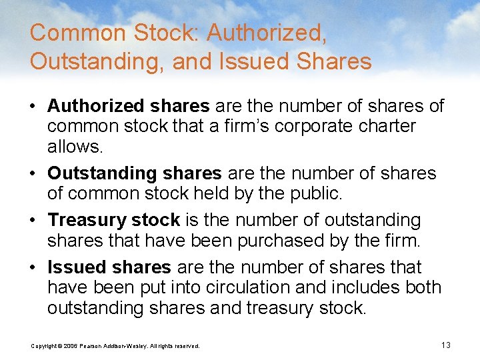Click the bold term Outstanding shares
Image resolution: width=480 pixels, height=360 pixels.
tap(135, 173)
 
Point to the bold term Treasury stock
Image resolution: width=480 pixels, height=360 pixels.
tap(114, 220)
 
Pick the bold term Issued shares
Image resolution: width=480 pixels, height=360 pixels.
tap(109, 267)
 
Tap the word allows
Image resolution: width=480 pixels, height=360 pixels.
tap(69, 146)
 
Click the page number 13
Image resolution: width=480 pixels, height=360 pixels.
tap(446, 345)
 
